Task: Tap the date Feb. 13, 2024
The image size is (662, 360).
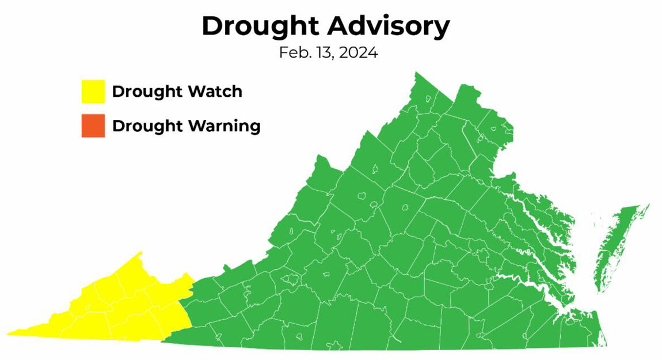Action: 328,54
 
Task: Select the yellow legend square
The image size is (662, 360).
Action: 93,92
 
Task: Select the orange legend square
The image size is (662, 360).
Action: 93,126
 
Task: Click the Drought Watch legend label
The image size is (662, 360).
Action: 177,92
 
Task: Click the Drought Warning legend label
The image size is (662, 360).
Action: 186,126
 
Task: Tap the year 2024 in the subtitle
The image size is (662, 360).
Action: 359,54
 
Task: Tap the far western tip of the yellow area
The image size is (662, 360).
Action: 9,333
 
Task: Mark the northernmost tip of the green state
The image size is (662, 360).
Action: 416,73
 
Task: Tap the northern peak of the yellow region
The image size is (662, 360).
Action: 140,253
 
